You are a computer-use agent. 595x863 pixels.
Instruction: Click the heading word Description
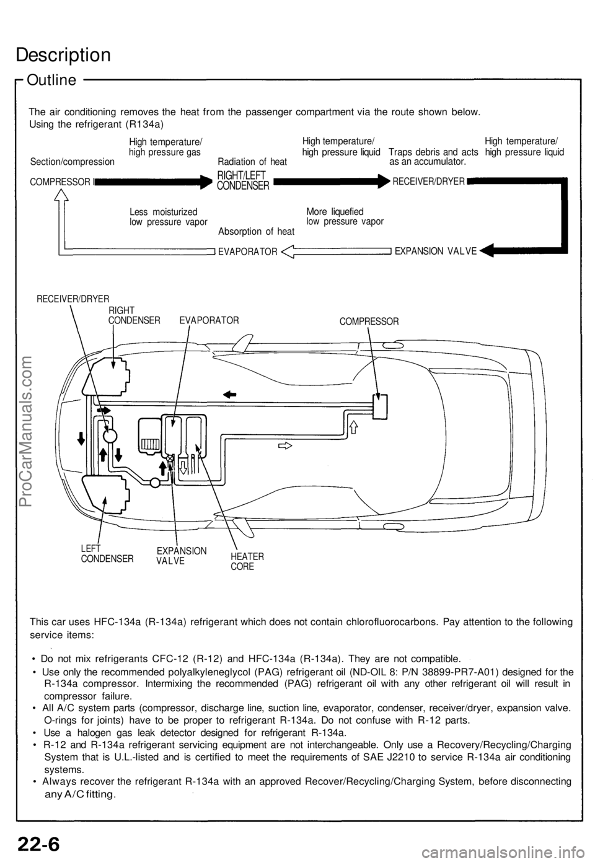63,55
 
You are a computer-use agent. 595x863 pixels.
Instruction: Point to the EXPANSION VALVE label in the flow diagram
436,251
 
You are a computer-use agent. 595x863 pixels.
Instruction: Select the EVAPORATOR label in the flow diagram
247,252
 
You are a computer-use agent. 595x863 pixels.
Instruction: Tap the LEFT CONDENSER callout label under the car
107,553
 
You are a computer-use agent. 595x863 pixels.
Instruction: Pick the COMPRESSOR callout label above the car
369,322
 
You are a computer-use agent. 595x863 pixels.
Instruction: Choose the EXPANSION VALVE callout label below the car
181,555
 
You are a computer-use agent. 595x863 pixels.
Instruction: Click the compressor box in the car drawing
379,406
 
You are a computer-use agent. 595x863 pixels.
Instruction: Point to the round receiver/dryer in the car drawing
110,435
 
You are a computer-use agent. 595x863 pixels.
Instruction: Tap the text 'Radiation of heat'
252,162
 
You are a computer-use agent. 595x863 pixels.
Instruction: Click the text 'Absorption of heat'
256,232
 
